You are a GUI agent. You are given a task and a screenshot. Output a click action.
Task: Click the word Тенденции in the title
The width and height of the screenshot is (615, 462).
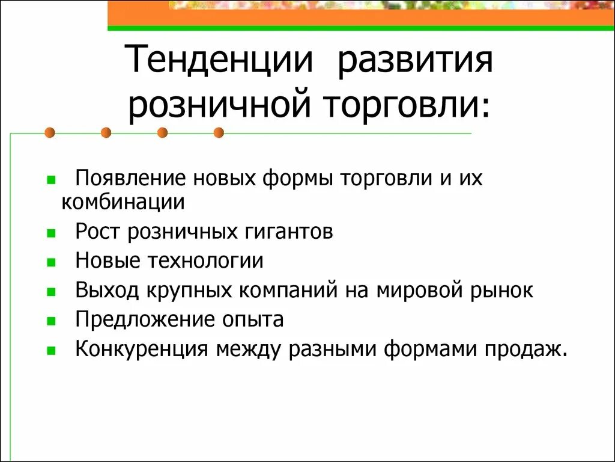(220, 62)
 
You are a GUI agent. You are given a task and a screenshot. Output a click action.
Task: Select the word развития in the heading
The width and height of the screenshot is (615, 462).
(415, 62)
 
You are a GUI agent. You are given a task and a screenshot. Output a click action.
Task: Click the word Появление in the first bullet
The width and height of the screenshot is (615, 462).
(130, 179)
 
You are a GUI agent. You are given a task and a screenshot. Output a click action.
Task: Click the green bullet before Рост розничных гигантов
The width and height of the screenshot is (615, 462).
(51, 232)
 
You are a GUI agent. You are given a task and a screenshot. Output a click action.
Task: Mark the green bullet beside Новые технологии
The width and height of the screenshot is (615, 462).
(51, 262)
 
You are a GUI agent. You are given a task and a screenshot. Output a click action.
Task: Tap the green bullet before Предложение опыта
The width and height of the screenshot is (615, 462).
(51, 320)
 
